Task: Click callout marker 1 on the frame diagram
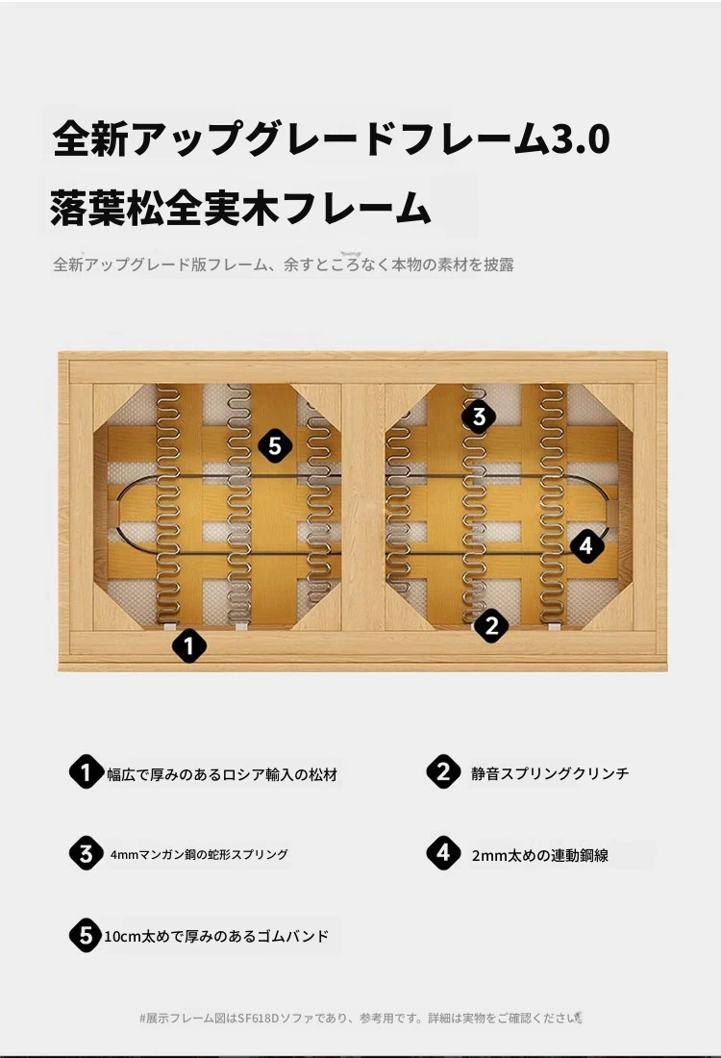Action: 188,645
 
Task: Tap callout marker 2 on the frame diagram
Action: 491,625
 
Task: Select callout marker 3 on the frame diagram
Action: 479,416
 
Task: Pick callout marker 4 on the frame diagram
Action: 586,545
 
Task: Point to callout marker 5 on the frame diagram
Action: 275,446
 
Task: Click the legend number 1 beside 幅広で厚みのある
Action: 86,772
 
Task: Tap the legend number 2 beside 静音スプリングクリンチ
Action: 443,771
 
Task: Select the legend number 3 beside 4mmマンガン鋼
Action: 86,853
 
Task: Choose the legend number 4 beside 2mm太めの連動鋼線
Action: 443,853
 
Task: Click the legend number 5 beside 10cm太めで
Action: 86,935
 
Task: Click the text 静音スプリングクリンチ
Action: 550,773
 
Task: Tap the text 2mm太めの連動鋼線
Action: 539,856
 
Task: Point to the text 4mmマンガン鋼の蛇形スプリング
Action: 199,854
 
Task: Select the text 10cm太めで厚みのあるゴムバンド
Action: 216,937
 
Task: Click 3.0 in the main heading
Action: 581,139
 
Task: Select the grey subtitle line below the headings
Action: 284,264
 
